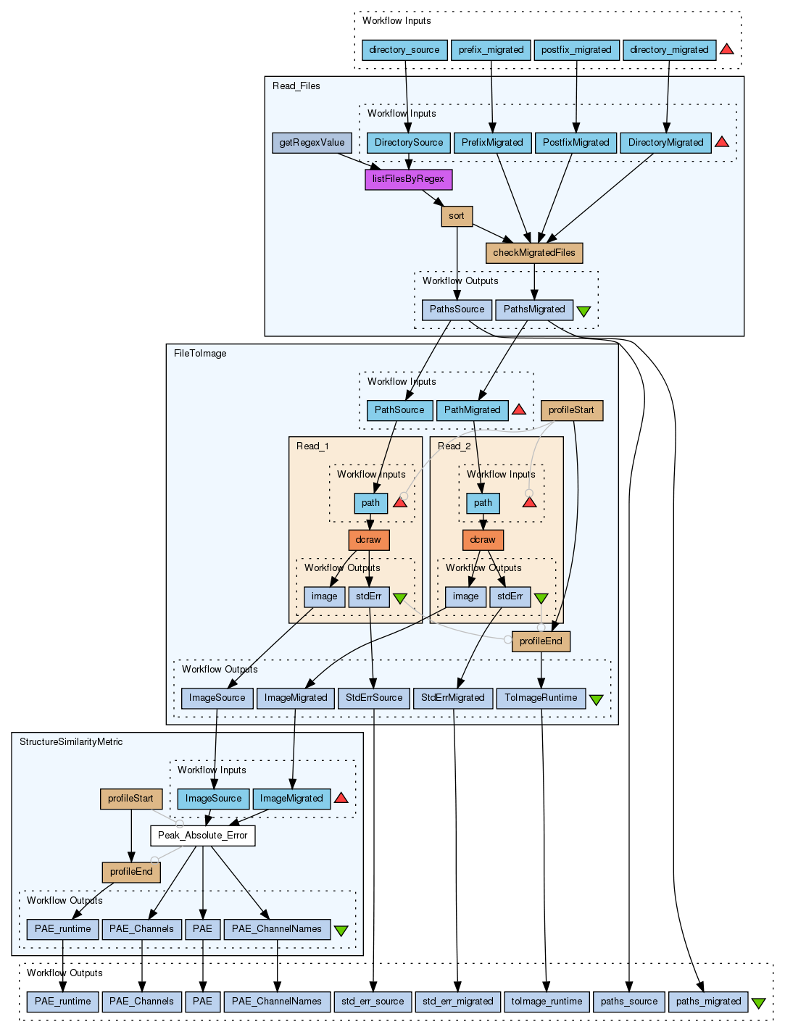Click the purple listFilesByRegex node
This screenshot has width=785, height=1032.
[408, 179]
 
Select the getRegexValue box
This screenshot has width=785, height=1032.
[312, 143]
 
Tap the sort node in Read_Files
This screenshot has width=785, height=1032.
[457, 216]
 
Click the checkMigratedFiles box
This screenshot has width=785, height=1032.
[534, 253]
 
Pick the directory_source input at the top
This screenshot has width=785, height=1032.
[404, 50]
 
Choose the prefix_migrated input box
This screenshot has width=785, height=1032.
[491, 50]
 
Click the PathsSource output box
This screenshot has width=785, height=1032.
[457, 309]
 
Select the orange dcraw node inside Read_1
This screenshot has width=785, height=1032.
[368, 540]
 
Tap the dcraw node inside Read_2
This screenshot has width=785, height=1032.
[483, 540]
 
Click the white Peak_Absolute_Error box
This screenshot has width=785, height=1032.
[202, 836]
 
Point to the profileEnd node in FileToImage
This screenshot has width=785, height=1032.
[541, 641]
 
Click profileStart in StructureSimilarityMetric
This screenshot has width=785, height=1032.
[130, 799]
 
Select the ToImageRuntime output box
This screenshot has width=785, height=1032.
[541, 698]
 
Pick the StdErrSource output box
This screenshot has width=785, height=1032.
[374, 698]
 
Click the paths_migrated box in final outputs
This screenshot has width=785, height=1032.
[708, 1002]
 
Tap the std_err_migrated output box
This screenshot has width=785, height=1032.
[457, 1002]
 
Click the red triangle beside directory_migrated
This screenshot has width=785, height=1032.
[726, 49]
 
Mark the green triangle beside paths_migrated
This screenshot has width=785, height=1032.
[758, 1003]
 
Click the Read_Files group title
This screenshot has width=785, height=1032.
[296, 86]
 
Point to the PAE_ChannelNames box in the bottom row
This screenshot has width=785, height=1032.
[277, 1002]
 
